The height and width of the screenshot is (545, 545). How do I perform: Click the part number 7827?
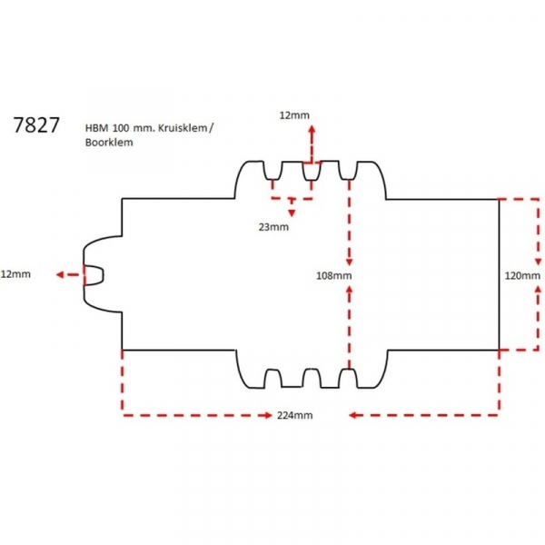(x=37, y=126)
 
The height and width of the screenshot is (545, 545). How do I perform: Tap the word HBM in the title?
(x=95, y=128)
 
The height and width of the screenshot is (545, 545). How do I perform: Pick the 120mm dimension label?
(x=523, y=274)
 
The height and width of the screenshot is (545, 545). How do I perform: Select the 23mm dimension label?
(x=274, y=225)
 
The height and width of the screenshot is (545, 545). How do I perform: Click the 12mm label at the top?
(x=294, y=115)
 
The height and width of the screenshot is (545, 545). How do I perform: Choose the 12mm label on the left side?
(x=16, y=273)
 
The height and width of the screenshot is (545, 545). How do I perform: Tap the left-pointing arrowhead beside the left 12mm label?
(x=57, y=273)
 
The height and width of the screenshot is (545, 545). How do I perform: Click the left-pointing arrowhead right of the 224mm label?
(x=352, y=415)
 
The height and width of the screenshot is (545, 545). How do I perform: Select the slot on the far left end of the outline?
(x=94, y=273)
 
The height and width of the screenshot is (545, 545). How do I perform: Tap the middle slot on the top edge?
(x=311, y=171)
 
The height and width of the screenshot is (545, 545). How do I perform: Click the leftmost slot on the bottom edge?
(x=272, y=378)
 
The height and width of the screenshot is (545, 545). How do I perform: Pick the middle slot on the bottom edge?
(x=311, y=378)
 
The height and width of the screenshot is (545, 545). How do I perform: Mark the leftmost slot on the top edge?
(x=272, y=171)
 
